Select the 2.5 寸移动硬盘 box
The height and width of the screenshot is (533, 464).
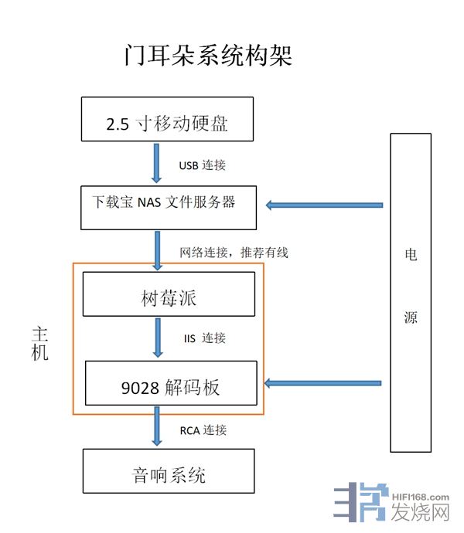point(167,120)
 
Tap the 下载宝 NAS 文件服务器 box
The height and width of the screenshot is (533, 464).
point(167,206)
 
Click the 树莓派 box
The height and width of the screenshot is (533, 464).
point(168,294)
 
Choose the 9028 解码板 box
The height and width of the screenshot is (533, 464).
point(170,382)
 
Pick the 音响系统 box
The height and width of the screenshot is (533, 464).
point(168,471)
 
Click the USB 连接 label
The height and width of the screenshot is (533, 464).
point(203,165)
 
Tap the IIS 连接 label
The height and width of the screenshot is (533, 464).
point(205,338)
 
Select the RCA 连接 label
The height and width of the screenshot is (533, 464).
point(203,429)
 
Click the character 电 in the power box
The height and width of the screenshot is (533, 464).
point(411,255)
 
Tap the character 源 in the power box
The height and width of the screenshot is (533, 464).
point(411,317)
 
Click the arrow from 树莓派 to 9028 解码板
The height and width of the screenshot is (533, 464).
point(158,337)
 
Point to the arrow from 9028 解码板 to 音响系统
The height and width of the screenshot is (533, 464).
point(158,426)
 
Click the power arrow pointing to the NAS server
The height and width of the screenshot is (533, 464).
point(325,205)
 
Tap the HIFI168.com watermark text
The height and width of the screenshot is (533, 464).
point(421,497)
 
